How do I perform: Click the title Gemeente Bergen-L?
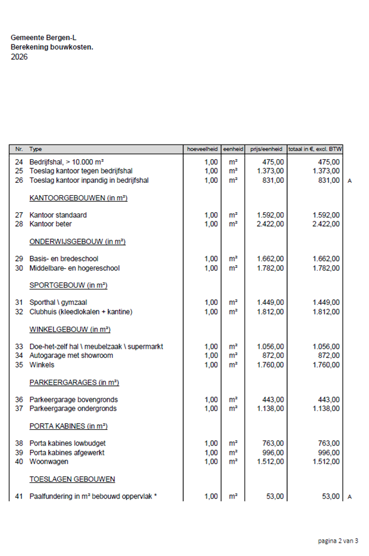coord(39,37)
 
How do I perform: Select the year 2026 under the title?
coord(19,57)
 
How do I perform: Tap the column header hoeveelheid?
coord(202,149)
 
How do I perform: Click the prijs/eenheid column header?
coord(267,149)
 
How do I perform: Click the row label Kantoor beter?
coord(50,224)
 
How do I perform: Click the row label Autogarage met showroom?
coord(68,355)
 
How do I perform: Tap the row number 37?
coord(19,408)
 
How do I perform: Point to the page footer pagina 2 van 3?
coord(337,541)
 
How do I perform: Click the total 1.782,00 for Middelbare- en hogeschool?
coord(326,268)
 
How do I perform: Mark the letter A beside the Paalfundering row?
coord(350,497)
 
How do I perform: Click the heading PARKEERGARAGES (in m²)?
coord(74,382)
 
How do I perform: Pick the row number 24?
coord(19,162)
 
